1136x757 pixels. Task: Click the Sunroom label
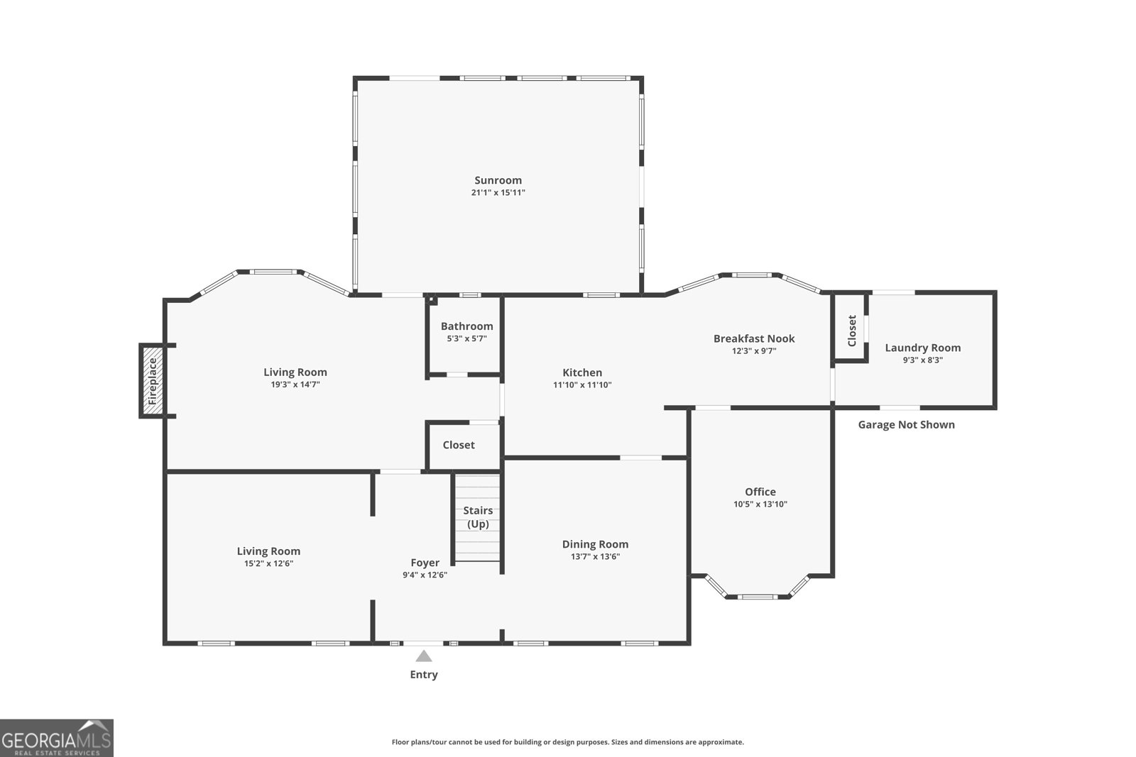(498, 180)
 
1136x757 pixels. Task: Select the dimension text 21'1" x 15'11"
(498, 192)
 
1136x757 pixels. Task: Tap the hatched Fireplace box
(152, 381)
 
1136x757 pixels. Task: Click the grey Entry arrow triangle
(424, 656)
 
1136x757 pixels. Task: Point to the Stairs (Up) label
(478, 517)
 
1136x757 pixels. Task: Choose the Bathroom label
(466, 326)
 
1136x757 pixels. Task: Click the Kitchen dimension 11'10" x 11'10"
(582, 385)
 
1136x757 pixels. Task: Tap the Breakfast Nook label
(754, 338)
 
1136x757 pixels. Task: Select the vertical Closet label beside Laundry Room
(852, 331)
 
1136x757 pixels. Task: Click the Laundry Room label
(922, 348)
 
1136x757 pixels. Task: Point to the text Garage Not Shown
(906, 425)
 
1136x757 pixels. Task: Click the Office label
(760, 492)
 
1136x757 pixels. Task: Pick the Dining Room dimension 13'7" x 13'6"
(595, 557)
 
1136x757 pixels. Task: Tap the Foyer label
(425, 563)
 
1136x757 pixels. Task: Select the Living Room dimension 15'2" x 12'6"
(268, 563)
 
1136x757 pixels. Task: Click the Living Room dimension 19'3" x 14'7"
(295, 385)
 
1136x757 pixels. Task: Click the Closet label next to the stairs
(459, 445)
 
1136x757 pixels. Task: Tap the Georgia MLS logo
(56, 738)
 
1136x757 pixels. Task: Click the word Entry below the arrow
(424, 675)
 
